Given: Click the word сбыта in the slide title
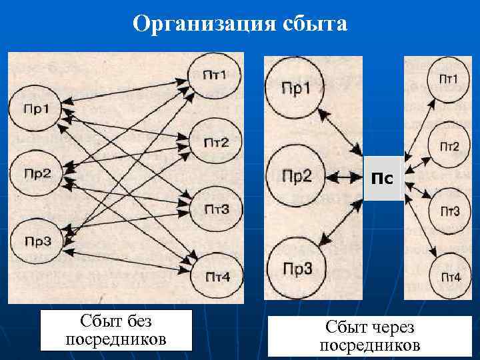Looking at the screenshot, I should pos(313,24).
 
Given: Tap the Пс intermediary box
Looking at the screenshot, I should pos(382,178).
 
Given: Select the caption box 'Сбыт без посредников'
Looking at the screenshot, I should pos(115,330).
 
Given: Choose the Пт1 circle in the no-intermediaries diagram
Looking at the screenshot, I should pos(214,74).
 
